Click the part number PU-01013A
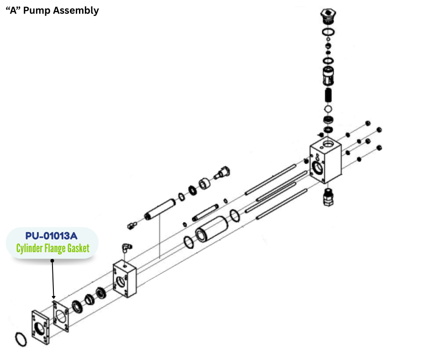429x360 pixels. coord(52,236)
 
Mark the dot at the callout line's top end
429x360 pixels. coord(52,261)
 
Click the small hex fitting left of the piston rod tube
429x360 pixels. coord(131,224)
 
